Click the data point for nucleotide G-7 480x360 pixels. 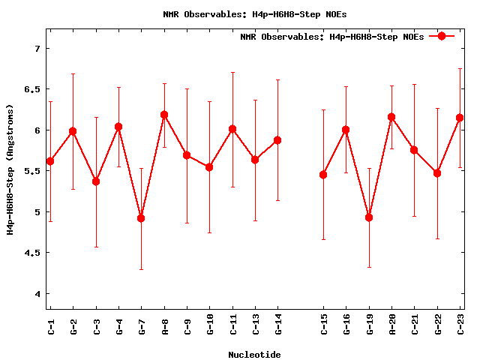click(x=141, y=218)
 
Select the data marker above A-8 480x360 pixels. click(x=164, y=115)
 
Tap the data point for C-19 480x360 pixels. click(x=369, y=217)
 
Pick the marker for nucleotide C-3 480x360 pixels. click(x=96, y=181)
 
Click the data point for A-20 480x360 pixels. click(x=391, y=117)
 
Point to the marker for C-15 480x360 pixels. click(x=323, y=175)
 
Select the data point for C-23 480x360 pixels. click(x=460, y=118)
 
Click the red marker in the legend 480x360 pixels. click(x=442, y=36)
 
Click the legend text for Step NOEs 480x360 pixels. click(x=331, y=37)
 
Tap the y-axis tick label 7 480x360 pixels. click(x=36, y=49)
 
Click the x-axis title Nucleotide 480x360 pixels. click(x=255, y=355)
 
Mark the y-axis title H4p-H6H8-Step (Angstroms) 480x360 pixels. click(x=10, y=169)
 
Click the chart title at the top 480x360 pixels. click(x=255, y=14)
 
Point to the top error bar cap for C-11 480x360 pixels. click(x=232, y=73)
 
